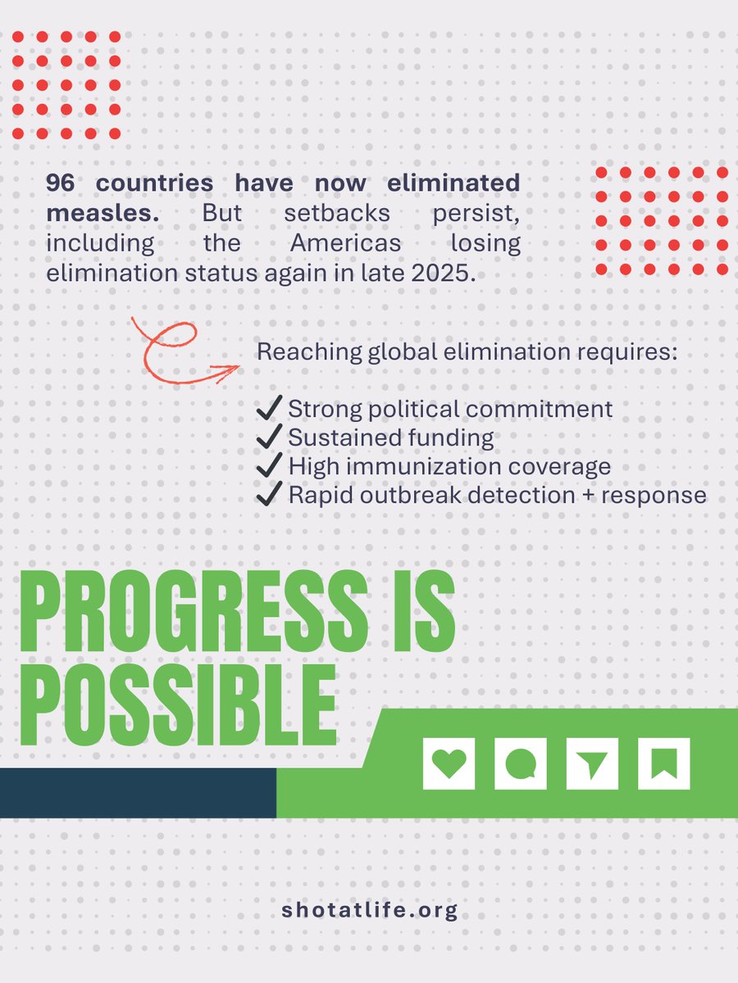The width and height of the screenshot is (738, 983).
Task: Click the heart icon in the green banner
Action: [x=449, y=764]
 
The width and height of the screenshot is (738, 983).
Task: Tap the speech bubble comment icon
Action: [x=520, y=764]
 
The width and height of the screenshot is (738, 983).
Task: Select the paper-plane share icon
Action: [x=592, y=764]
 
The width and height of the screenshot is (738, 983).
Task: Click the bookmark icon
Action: [x=663, y=764]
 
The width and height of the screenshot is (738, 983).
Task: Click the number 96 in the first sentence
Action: [x=60, y=182]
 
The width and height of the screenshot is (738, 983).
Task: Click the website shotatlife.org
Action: [x=368, y=910]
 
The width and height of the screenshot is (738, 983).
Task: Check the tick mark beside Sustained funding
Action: [x=269, y=437]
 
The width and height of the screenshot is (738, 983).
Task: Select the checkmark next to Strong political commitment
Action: [x=269, y=409]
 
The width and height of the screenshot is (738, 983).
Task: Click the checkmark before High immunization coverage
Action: [x=269, y=467]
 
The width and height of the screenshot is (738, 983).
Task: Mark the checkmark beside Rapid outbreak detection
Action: [x=269, y=496]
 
